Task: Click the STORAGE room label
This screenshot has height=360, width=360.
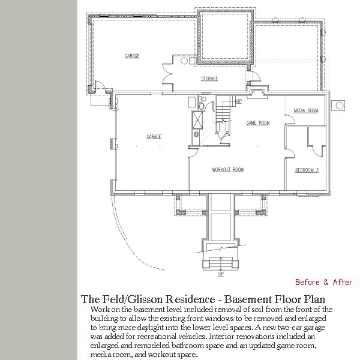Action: pos(209,79)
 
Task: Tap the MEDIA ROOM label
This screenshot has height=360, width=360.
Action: pos(306,110)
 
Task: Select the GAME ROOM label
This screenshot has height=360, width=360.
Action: pos(258,123)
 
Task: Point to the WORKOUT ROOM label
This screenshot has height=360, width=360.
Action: pos(227,170)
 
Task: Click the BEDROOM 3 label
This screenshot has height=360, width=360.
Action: pos(307,170)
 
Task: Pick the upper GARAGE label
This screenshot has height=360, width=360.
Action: pos(132,56)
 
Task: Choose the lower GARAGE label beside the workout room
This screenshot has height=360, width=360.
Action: pos(154,137)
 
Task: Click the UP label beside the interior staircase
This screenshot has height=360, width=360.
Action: pos(239,101)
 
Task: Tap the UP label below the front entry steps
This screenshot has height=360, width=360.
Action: pos(221,274)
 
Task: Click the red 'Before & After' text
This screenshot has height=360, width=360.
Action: pos(323,282)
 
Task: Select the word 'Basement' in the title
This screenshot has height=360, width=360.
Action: pos(247,299)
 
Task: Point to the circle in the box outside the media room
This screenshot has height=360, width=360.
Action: pos(340,106)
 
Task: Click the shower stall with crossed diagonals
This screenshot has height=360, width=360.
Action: pos(197,120)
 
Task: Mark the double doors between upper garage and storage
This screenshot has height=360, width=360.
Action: pos(167,74)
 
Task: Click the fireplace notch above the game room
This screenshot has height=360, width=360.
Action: pos(259,92)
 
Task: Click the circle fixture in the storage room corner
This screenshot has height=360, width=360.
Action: pos(184,61)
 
